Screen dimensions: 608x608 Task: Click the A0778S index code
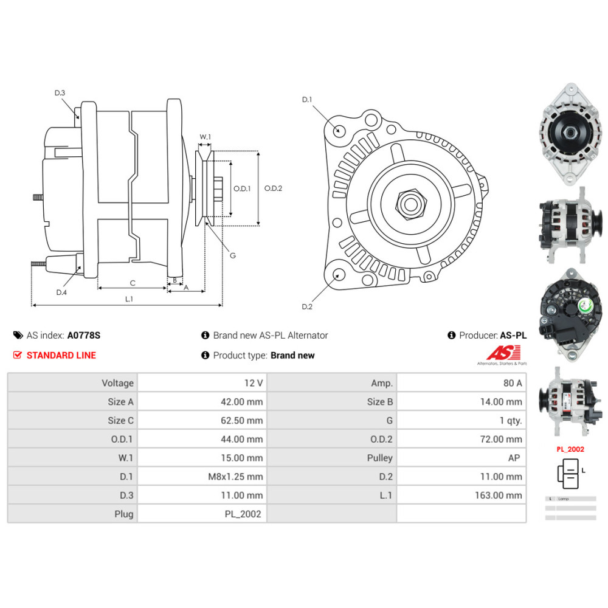point(84,335)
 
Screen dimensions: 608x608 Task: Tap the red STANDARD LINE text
point(61,355)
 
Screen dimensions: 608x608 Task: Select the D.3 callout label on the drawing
point(60,93)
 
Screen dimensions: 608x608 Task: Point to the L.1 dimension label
point(129,299)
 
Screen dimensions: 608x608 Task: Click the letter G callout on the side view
point(232,255)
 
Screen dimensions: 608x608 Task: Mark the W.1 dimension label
point(206,137)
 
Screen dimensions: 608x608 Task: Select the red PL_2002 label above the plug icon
point(570,450)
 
